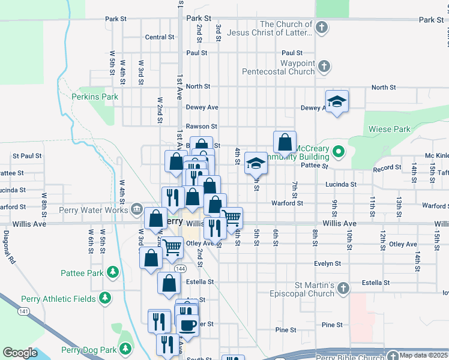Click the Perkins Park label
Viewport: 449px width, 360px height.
94,96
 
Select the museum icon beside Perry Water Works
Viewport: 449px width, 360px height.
137,210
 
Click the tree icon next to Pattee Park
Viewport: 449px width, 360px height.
112,272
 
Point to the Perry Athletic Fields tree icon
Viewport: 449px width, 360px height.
105,298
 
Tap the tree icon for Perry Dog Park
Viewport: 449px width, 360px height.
125,349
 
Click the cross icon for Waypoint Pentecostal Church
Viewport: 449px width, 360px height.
324,67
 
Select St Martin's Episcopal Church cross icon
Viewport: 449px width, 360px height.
343,289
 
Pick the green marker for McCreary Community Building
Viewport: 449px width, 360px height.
338,152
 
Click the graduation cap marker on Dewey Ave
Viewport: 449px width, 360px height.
337,101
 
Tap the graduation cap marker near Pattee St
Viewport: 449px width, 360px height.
256,162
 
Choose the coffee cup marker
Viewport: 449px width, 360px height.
188,325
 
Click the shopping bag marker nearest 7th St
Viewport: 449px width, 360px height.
285,142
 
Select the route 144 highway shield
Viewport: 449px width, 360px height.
170,268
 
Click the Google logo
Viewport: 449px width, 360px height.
20,353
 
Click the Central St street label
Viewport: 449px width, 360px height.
159,37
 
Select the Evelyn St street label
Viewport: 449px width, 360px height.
327,263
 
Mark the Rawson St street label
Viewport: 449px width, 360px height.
201,127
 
